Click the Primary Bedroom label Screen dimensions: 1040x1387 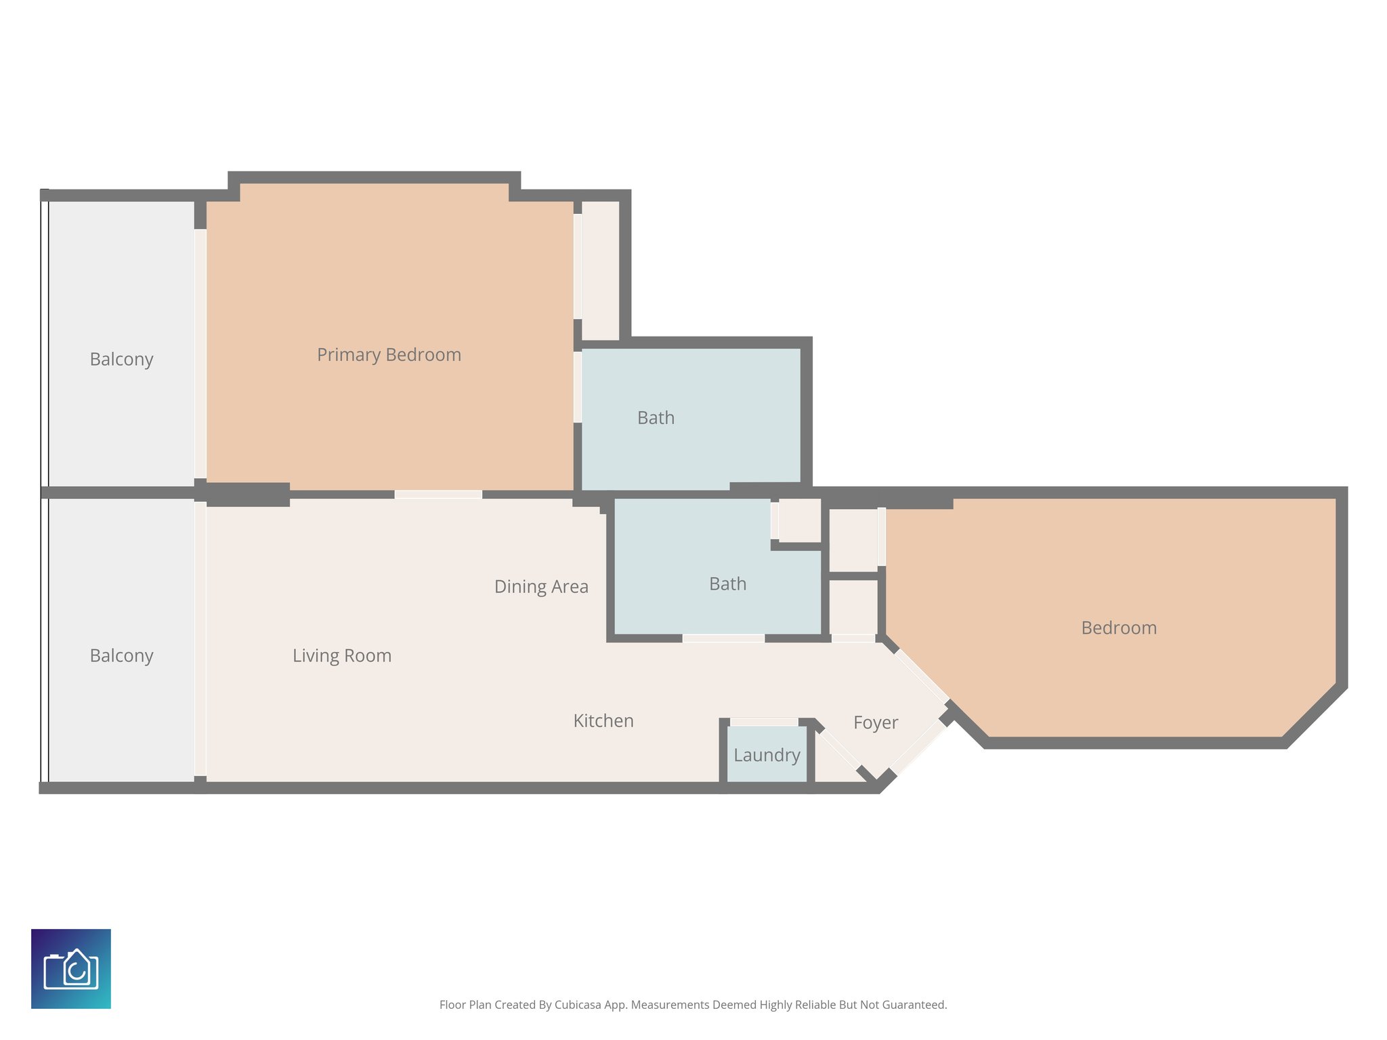(x=389, y=355)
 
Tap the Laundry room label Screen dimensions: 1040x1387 (x=767, y=755)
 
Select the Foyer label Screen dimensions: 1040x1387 (x=875, y=722)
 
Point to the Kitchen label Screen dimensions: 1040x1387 (x=603, y=720)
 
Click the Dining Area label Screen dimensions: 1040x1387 (x=541, y=586)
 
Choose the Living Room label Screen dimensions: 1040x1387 (x=342, y=655)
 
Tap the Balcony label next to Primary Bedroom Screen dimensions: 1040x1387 (x=122, y=359)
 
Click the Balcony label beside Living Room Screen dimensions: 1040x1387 (x=122, y=655)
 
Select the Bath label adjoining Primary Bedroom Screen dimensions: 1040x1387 (x=656, y=418)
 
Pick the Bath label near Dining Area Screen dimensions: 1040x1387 (x=727, y=584)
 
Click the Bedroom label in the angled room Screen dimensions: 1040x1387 (x=1119, y=628)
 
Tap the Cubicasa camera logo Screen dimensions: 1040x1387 (x=71, y=969)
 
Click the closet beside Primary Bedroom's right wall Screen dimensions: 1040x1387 (x=600, y=271)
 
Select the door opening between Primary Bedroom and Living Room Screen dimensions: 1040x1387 (x=438, y=495)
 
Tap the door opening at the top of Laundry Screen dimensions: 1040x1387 (x=764, y=722)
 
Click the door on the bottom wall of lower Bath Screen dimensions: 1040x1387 (x=723, y=638)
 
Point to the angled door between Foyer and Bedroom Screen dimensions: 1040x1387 (x=922, y=676)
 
